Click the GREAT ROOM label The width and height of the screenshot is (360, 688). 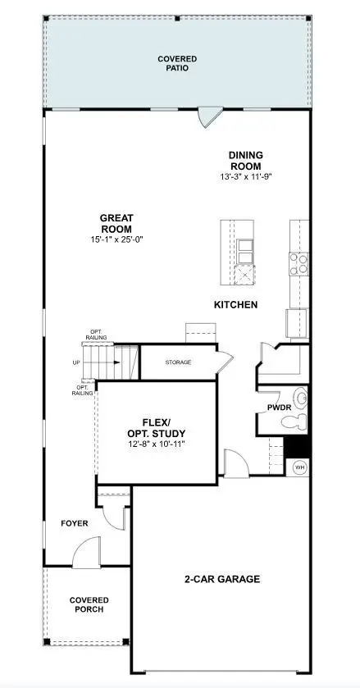tap(116, 223)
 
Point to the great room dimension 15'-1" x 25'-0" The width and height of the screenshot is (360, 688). tap(116, 239)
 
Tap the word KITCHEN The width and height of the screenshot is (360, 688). tap(235, 305)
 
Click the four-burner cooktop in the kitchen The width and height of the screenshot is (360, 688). tap(298, 262)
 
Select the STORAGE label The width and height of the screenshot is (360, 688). tap(178, 362)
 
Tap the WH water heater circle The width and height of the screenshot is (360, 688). tap(299, 467)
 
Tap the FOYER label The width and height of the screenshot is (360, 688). tap(75, 522)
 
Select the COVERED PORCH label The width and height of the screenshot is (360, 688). tap(89, 606)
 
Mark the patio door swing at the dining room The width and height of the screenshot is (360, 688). tap(210, 116)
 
